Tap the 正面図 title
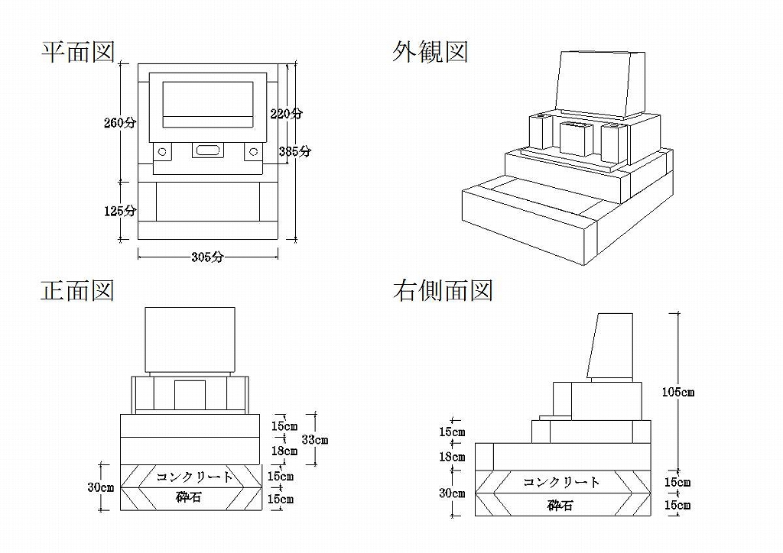(x=78, y=291)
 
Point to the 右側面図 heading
(x=443, y=291)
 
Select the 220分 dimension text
(x=287, y=113)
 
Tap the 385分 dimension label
(x=295, y=150)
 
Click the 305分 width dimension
(x=207, y=257)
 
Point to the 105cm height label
(x=678, y=392)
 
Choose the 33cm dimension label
(x=315, y=439)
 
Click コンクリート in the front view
(x=195, y=477)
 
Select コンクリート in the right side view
(x=562, y=482)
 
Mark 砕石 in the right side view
(x=560, y=505)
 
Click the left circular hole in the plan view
(x=162, y=151)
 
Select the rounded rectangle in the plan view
(x=206, y=150)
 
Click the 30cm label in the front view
(x=101, y=487)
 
